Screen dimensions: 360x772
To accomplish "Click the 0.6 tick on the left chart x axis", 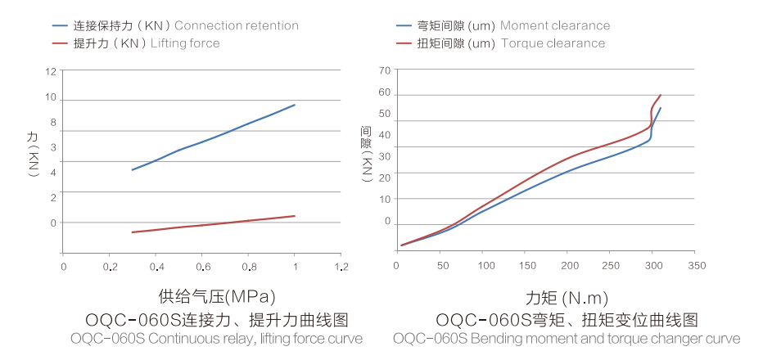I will click(203, 266).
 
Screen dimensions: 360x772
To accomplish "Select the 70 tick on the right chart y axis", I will click(385, 70).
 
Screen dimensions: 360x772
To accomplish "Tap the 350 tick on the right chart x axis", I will click(696, 266).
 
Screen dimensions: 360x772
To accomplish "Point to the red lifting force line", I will click(205, 224).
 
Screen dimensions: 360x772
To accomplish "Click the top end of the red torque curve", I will click(661, 95).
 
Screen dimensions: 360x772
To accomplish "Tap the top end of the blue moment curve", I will click(661, 108).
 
